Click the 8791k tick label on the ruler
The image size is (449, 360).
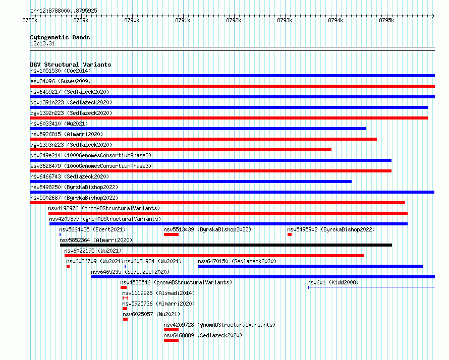coord(183,20)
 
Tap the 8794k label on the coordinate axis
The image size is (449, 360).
coord(335,20)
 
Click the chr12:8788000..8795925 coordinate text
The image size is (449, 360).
coord(64,11)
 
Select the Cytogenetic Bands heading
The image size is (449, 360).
coord(60,37)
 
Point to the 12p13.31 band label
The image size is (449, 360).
coord(42,43)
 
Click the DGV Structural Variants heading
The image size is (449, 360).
coord(71,65)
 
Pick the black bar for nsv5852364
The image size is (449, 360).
coord(226,245)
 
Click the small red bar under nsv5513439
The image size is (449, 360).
coord(171,234)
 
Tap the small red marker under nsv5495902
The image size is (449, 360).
coord(290,234)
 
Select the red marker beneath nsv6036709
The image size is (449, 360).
coord(68,266)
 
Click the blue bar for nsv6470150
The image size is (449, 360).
coord(310,266)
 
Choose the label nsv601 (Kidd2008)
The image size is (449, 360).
coord(333,282)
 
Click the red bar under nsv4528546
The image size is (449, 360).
coord(124,287)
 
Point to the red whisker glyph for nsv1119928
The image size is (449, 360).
coord(125,298)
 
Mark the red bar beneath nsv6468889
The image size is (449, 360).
coord(171,340)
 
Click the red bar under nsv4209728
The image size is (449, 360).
coord(171,330)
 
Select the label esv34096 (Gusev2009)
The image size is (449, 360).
coord(61,81)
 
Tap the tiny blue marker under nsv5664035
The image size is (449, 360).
coord(60,234)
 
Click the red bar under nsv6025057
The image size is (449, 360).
coord(126,319)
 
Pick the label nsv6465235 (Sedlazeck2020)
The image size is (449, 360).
coord(130,272)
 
